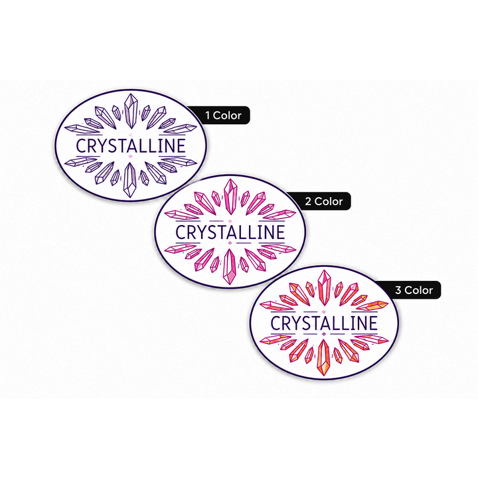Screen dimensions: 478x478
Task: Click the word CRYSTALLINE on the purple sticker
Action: (x=131, y=145)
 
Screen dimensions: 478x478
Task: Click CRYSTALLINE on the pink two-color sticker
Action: (x=230, y=232)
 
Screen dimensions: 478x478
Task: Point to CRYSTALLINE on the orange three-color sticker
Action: (x=324, y=323)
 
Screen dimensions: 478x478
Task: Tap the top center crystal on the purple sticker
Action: (x=131, y=111)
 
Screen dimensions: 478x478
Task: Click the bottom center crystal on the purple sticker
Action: (x=130, y=180)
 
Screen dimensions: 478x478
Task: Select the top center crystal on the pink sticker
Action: (x=230, y=197)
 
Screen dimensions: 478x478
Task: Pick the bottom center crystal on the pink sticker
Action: (x=230, y=267)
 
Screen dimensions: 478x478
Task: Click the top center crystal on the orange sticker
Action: (x=324, y=287)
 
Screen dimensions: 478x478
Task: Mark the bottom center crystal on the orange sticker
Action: (x=323, y=358)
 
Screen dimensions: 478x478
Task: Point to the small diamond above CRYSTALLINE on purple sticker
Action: (x=131, y=134)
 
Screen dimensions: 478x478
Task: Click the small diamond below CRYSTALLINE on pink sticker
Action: (x=230, y=243)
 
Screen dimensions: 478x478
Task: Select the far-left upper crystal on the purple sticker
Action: (x=82, y=129)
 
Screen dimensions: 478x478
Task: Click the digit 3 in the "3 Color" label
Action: (x=398, y=290)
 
